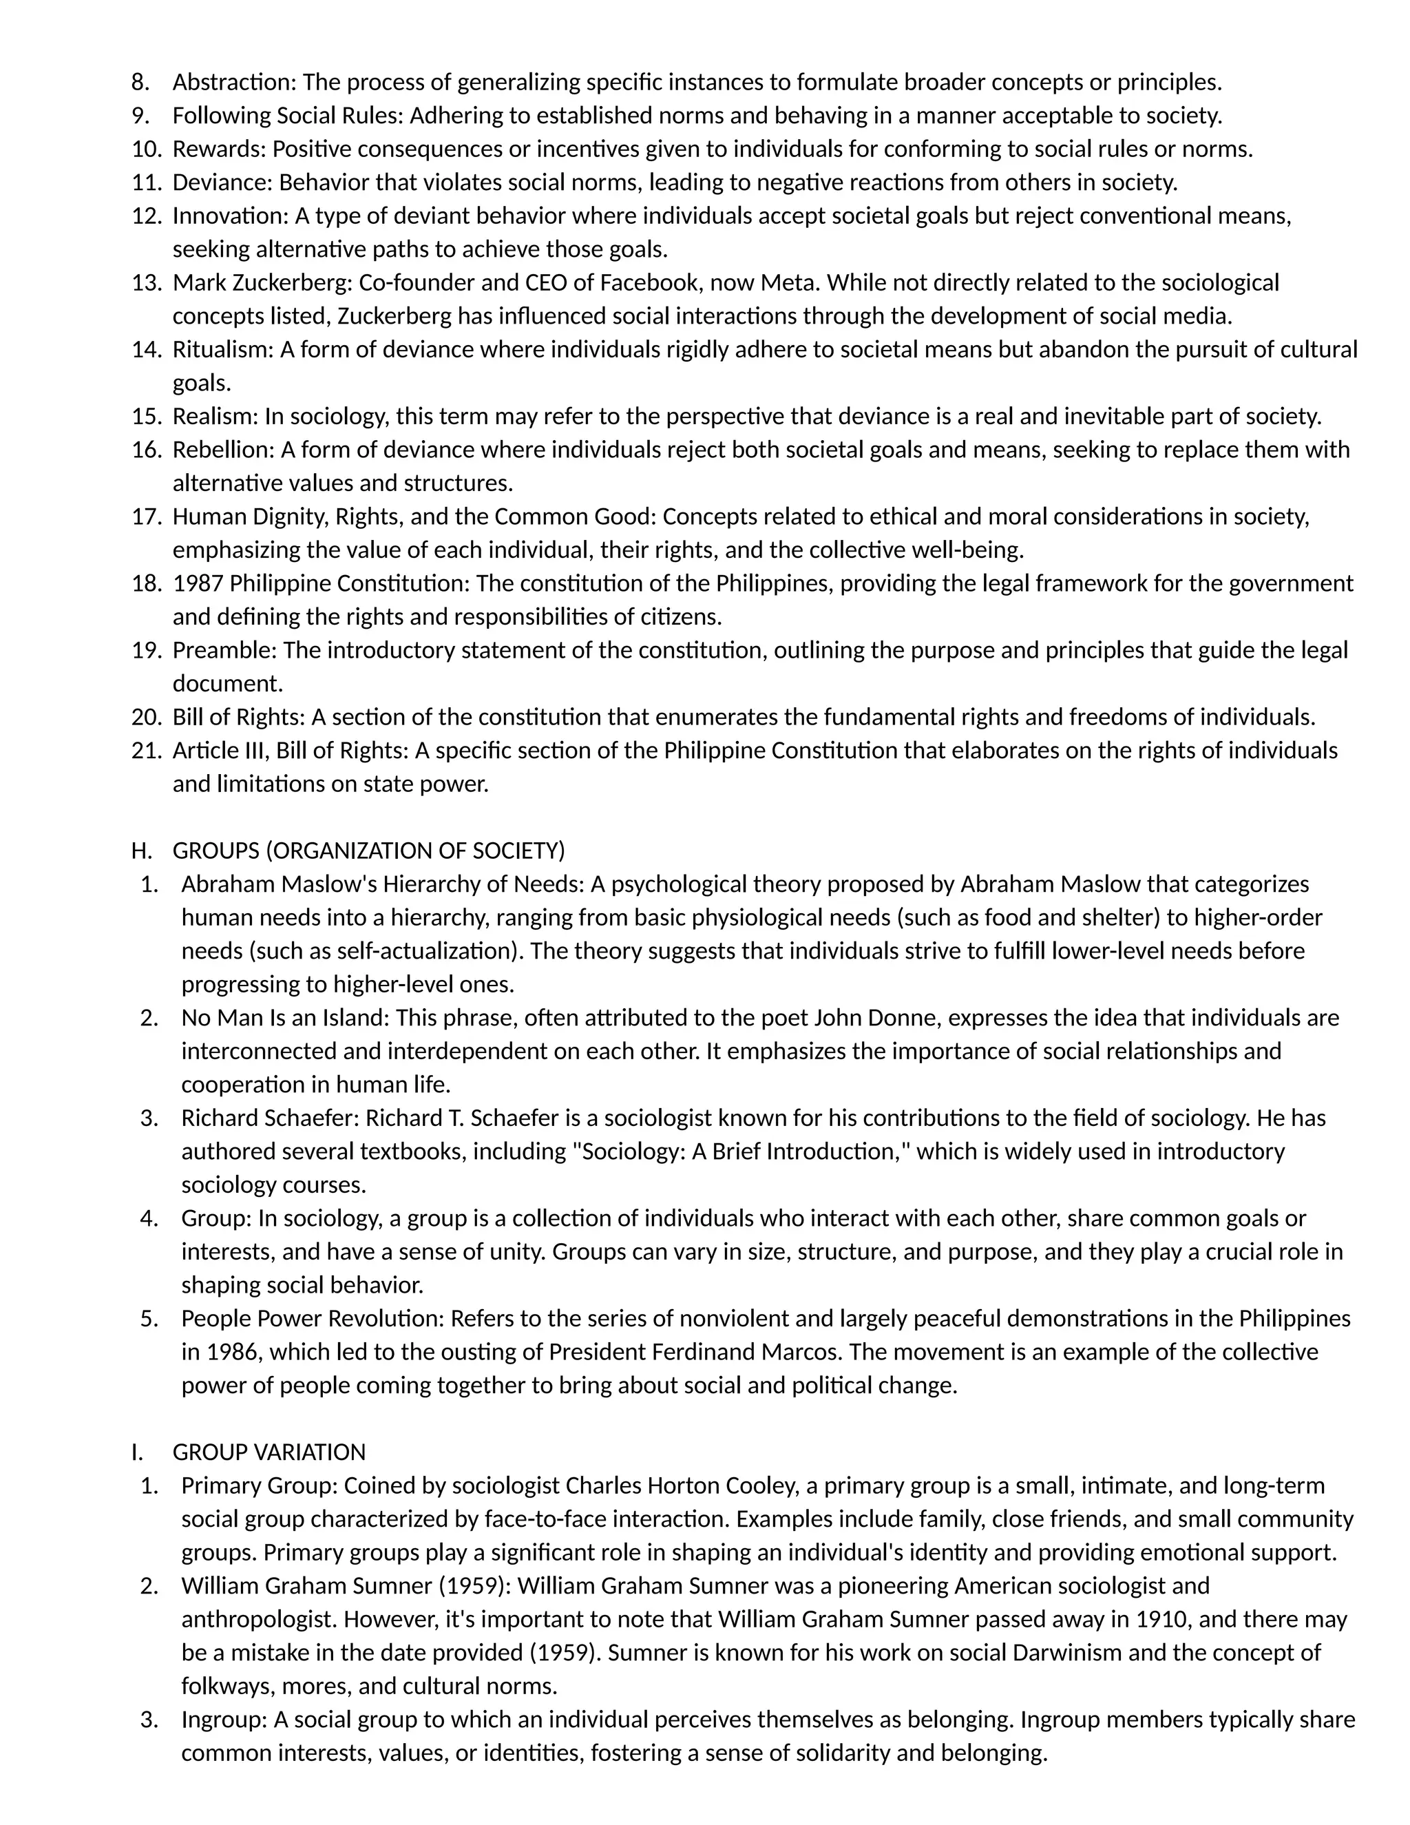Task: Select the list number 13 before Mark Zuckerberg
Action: [x=145, y=282]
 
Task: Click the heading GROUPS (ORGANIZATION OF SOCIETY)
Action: [x=368, y=851]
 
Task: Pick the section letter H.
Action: [x=141, y=851]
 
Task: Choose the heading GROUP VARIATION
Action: [x=269, y=1452]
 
